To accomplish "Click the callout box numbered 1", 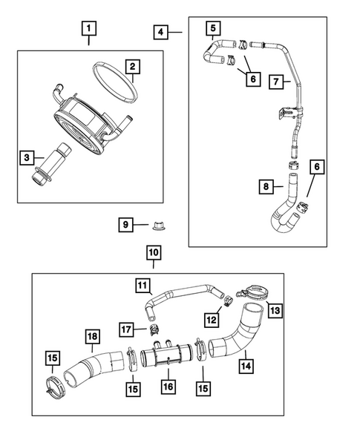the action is tap(89, 29).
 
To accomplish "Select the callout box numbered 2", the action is tap(132, 67).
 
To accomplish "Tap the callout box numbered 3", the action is tap(27, 157).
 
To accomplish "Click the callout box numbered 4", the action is tap(160, 33).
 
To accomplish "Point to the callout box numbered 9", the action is tap(125, 225).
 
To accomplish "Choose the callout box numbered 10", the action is tap(154, 253).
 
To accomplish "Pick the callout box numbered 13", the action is tap(275, 310).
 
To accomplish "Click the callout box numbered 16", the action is tap(168, 387).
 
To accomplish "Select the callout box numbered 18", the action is tap(92, 336).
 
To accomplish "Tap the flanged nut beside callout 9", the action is tap(157, 226).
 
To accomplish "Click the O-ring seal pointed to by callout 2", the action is tap(115, 82).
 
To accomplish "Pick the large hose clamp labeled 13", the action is tap(253, 292).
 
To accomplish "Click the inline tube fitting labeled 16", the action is tap(166, 354).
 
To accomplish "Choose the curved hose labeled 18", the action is tap(92, 368).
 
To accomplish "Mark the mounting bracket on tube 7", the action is tap(287, 114).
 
